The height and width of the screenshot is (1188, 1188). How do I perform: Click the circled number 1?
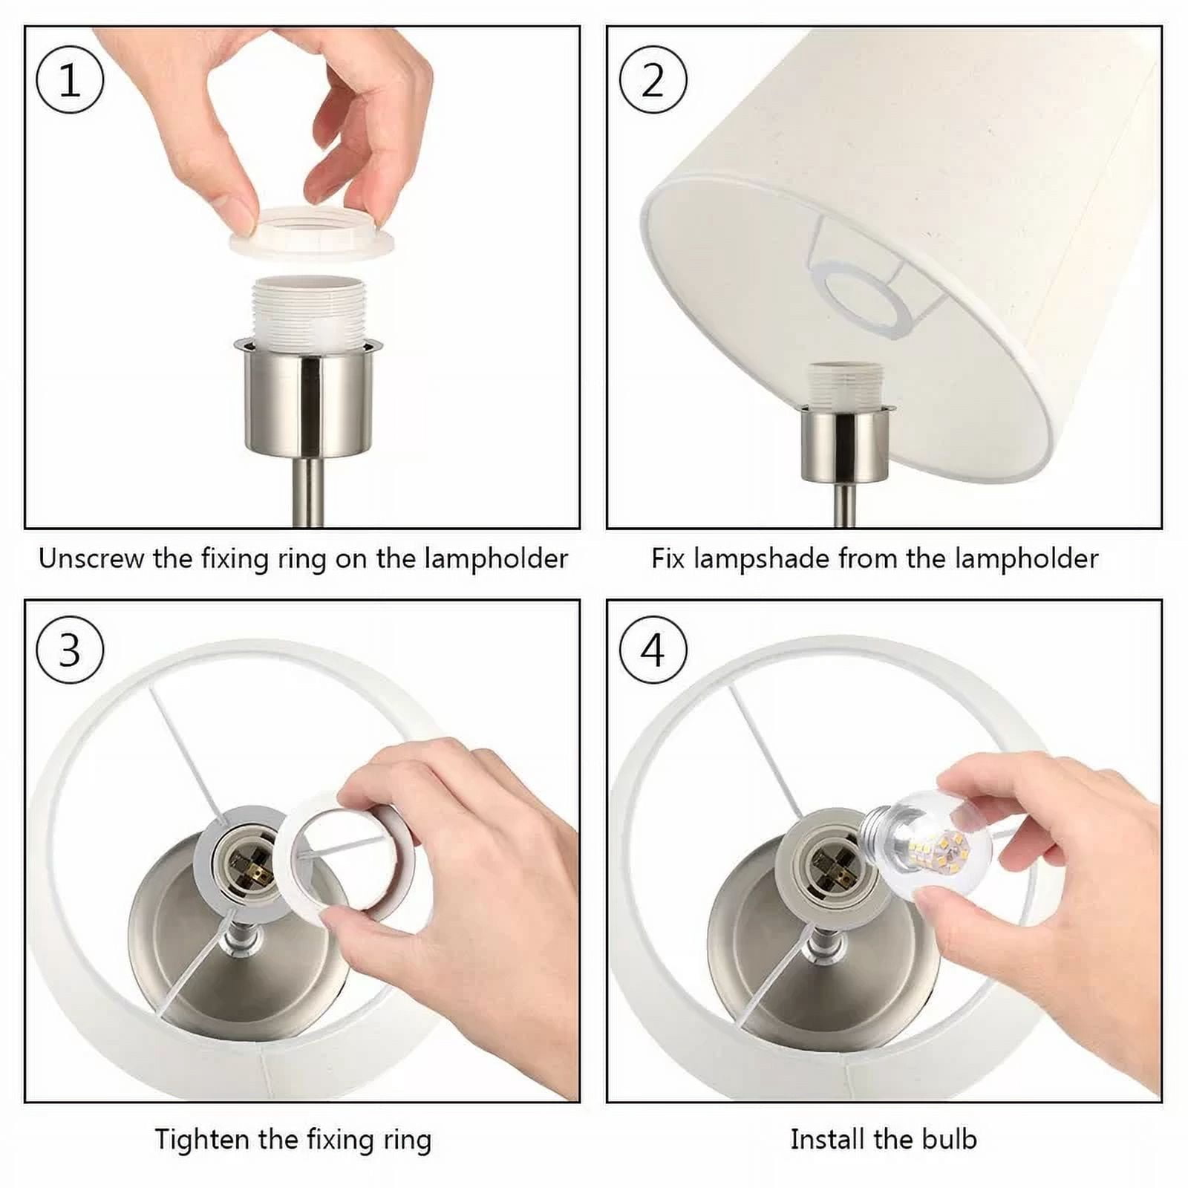pyautogui.click(x=69, y=80)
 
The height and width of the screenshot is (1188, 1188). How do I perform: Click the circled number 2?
pyautogui.click(x=653, y=80)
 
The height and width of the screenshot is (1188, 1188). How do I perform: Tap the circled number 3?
pyautogui.click(x=69, y=650)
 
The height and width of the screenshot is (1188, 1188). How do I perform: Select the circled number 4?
pyautogui.click(x=653, y=650)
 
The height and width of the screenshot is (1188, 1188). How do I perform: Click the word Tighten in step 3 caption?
pyautogui.click(x=200, y=1139)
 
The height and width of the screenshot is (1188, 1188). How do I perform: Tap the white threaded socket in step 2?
pyautogui.click(x=845, y=385)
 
